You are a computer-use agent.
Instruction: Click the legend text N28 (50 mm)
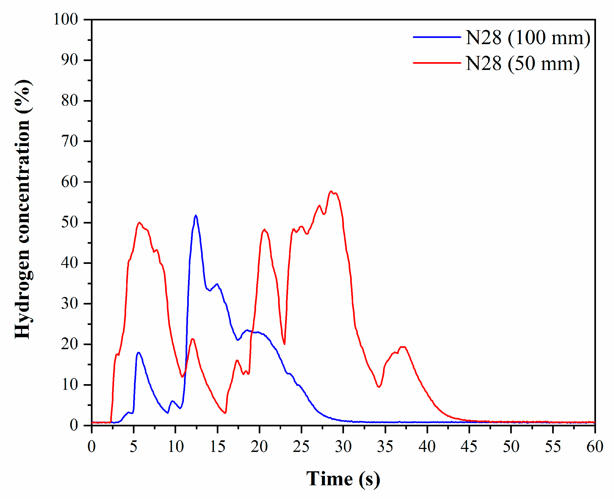click(x=523, y=63)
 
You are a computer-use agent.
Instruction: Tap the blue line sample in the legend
click(x=437, y=37)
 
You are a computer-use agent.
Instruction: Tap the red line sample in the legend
click(x=437, y=63)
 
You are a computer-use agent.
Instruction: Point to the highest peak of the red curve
click(x=331, y=191)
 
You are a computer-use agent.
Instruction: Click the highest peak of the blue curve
click(x=196, y=215)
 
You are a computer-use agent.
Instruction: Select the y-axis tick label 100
click(x=66, y=20)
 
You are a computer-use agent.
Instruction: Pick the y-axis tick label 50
click(x=70, y=222)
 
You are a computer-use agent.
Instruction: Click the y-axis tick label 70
click(x=70, y=141)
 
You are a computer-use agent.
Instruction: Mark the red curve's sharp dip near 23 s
click(x=285, y=344)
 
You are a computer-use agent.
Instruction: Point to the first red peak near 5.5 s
click(x=139, y=223)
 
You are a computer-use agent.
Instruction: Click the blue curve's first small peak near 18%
click(x=139, y=352)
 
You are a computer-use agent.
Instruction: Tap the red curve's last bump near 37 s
click(x=403, y=347)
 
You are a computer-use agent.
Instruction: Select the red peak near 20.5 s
click(x=264, y=229)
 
